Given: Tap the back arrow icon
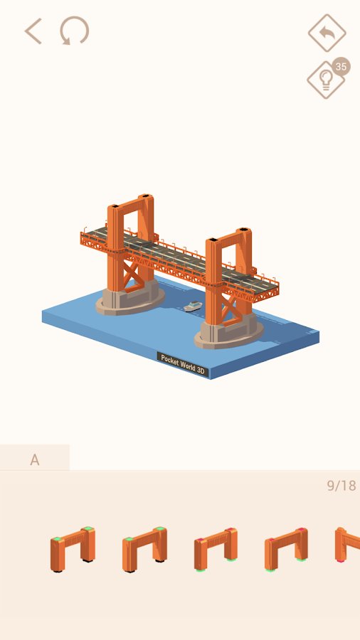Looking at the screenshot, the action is point(33,31).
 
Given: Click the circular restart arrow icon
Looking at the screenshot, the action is point(74,31).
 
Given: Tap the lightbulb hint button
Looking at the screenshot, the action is point(326,80).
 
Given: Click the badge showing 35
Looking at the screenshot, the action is point(341,67).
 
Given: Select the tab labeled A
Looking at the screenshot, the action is point(35,459).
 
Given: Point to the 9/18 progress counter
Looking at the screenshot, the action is point(342,485).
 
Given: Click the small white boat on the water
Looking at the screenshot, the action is point(193,306).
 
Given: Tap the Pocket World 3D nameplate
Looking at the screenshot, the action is point(183,364).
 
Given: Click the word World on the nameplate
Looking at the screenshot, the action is point(186,365).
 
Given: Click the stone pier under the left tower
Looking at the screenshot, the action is point(129,299).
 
